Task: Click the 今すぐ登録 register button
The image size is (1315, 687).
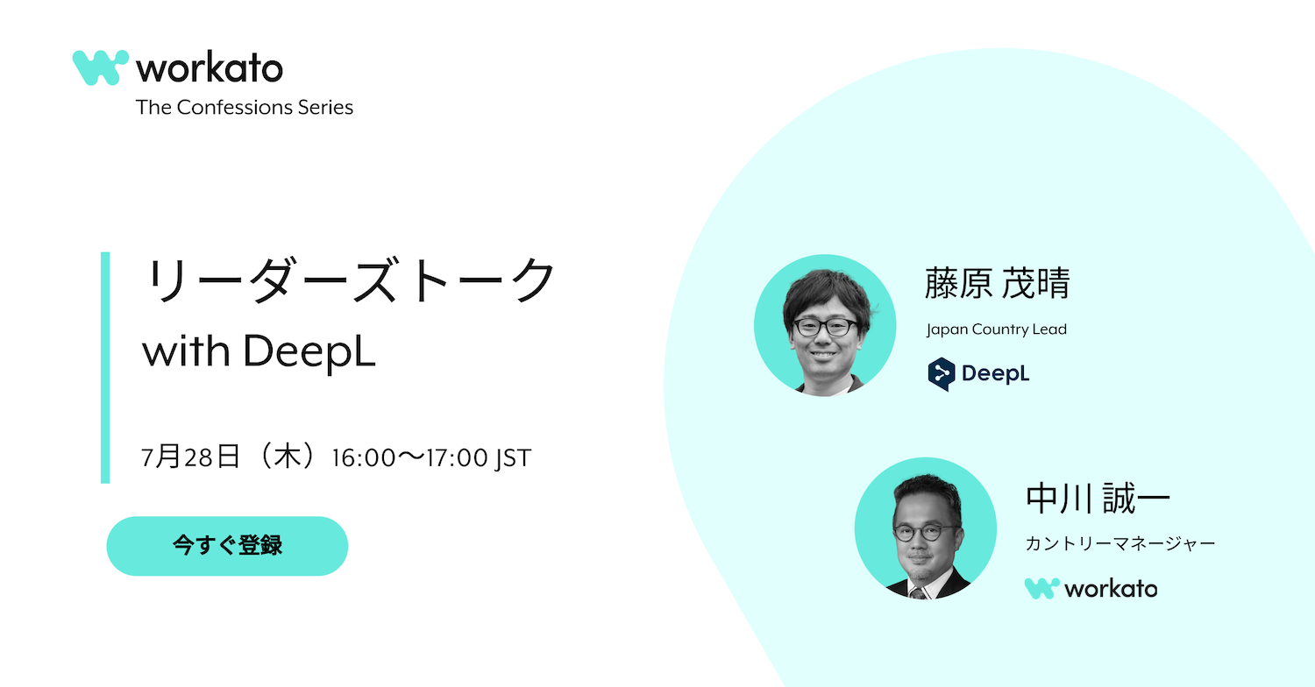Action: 227,546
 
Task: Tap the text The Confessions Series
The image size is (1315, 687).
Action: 245,108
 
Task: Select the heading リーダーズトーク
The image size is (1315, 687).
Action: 350,280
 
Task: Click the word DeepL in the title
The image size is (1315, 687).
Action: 309,351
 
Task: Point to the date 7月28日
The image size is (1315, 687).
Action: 191,457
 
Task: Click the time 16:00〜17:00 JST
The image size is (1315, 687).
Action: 431,457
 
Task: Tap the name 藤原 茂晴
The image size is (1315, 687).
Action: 998,283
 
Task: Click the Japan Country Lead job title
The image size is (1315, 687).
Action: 996,329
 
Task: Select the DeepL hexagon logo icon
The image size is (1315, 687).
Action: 941,373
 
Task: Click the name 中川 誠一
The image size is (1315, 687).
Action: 1098,499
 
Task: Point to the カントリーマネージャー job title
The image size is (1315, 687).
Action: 1120,544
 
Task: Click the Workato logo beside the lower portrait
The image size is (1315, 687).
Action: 1091,589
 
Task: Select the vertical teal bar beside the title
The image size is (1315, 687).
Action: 105,368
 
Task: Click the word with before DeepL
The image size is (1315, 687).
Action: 186,351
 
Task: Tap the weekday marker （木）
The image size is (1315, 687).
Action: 287,457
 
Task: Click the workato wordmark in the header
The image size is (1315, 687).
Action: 210,68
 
